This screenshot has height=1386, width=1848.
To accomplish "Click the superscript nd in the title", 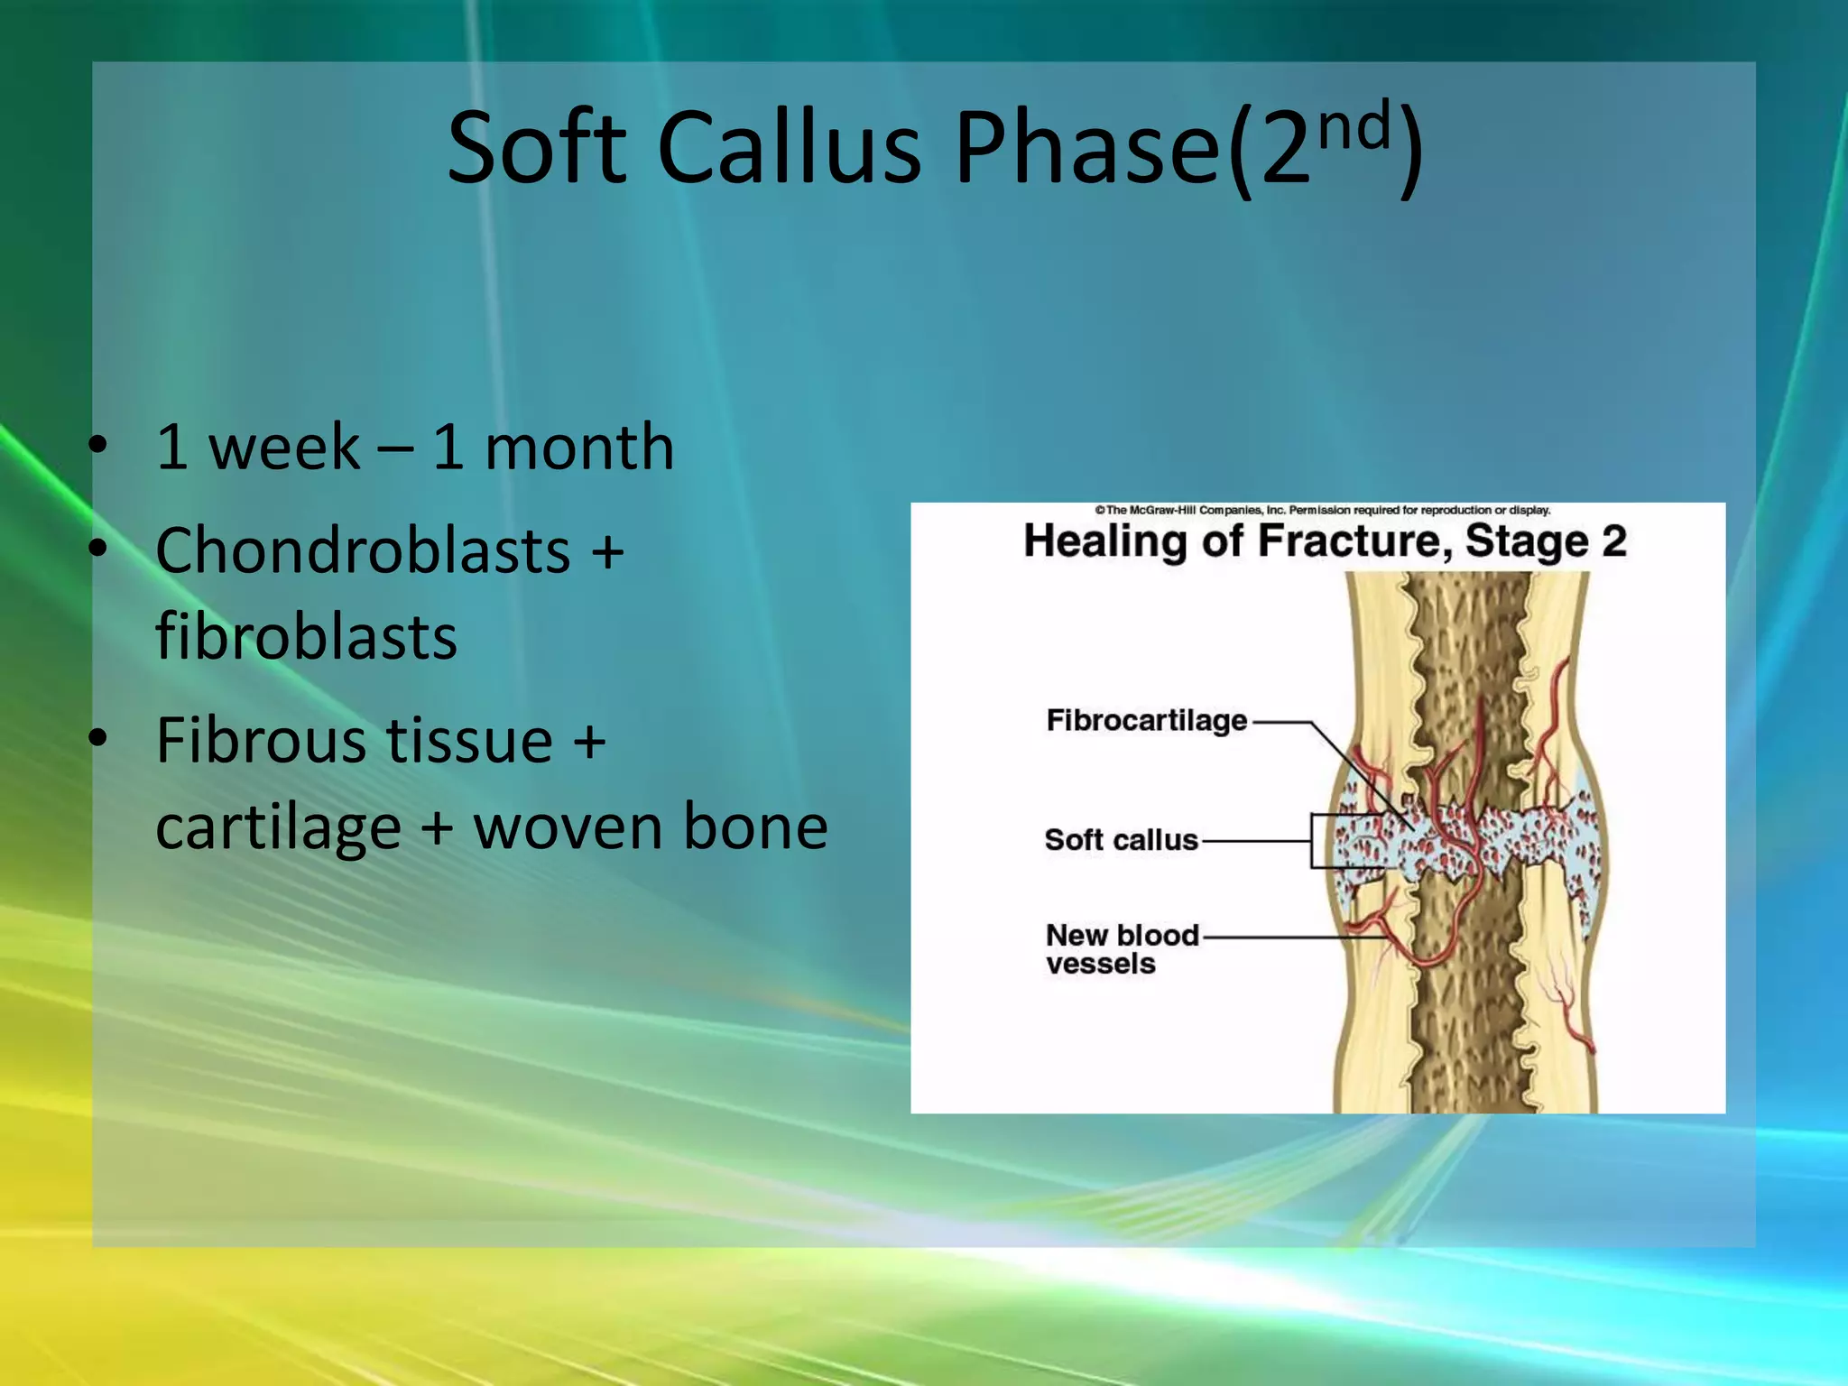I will click(1354, 125).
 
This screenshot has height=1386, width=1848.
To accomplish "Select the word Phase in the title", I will click(1087, 147).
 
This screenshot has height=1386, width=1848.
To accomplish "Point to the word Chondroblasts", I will click(363, 551).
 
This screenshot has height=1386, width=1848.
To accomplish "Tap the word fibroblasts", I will click(306, 637).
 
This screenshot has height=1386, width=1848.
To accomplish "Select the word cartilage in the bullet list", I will click(278, 827).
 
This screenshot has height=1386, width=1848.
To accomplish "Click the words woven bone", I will click(651, 827).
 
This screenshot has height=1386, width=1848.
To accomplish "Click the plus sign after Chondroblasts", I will click(607, 551).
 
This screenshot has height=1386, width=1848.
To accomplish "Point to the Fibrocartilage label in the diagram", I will click(1146, 721).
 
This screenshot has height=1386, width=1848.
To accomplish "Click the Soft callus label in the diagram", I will click(1121, 840).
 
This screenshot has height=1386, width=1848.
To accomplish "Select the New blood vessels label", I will click(1121, 949).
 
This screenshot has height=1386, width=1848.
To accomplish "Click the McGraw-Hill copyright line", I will click(1322, 511).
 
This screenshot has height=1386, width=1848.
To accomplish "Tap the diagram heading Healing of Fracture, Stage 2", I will click(1324, 541).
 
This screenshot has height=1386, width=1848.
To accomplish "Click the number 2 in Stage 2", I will click(1613, 541).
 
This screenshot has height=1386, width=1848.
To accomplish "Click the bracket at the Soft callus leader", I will click(1313, 841).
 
